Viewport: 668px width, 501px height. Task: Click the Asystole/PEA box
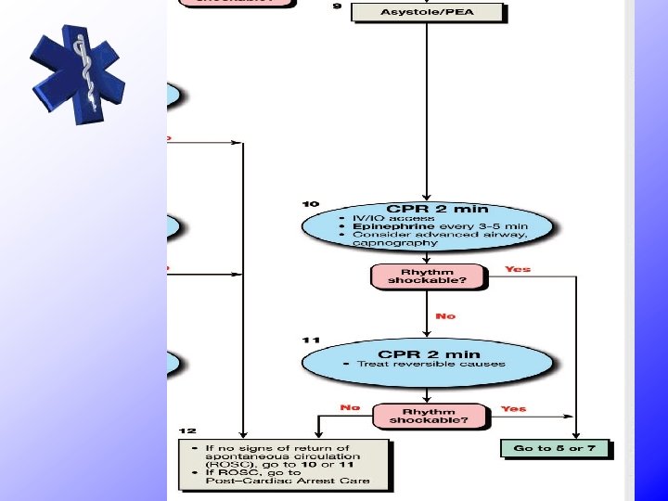[428, 12]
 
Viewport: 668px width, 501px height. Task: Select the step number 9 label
[337, 6]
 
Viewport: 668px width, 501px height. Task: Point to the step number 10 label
[310, 203]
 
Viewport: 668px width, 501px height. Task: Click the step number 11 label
[310, 340]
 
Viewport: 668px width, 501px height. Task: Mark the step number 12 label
[188, 431]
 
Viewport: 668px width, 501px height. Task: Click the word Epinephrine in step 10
[381, 226]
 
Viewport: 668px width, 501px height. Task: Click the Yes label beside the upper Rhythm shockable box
[518, 269]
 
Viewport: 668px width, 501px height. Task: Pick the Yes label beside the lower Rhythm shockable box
[513, 408]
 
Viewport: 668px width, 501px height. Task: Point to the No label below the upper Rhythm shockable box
[445, 316]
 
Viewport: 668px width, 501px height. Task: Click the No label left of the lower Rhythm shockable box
[350, 407]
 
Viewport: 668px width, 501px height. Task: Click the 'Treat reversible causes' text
[431, 364]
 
